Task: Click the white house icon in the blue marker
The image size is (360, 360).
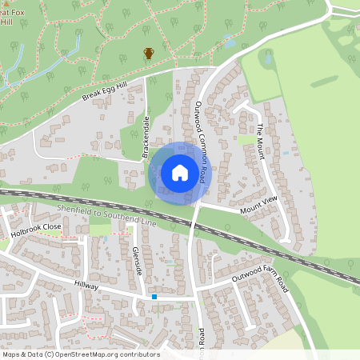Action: (180, 172)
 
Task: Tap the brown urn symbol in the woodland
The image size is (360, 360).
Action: (149, 54)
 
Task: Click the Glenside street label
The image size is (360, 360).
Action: (136, 260)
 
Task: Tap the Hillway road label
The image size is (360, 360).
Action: (86, 286)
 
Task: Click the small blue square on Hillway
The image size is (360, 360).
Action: (154, 297)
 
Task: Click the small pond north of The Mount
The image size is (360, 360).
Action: (266, 58)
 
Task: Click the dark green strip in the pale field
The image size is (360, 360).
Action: (323, 81)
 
